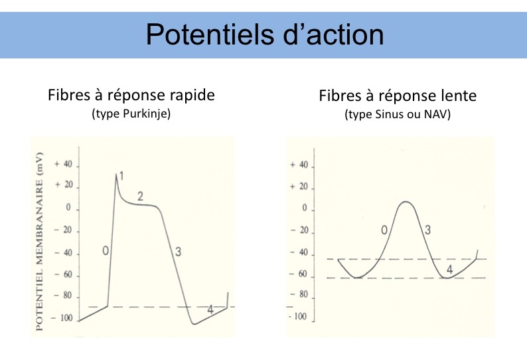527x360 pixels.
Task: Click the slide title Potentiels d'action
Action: coord(264,34)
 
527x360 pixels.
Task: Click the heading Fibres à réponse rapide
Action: coord(131,95)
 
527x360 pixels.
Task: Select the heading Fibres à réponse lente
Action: coord(398,96)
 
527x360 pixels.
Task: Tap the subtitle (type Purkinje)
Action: coord(131,114)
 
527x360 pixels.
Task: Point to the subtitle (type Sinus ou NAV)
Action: coord(398,115)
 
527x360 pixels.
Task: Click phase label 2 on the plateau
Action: coord(140,196)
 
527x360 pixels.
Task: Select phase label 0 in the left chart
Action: coord(106,250)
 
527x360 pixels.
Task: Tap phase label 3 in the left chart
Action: coord(177,251)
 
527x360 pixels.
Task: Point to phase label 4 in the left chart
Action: coord(210,310)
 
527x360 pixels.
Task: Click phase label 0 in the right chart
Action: coord(384,230)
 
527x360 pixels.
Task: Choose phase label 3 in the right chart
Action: coord(428,230)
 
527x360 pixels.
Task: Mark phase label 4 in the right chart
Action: coord(449,269)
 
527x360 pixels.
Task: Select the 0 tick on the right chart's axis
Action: coord(305,208)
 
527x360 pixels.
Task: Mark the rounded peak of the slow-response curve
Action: coord(406,201)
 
